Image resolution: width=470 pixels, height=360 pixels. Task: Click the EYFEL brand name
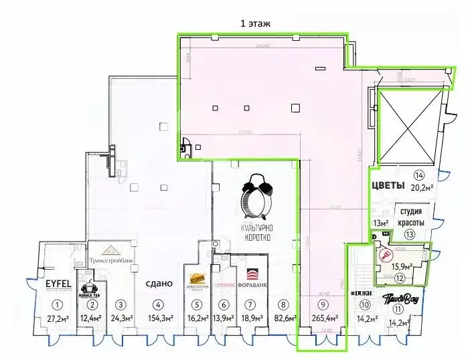58,283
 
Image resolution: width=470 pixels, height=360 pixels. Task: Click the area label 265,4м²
324,318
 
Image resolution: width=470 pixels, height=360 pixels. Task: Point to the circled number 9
324,305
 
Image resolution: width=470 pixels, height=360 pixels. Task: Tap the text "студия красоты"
410,217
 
